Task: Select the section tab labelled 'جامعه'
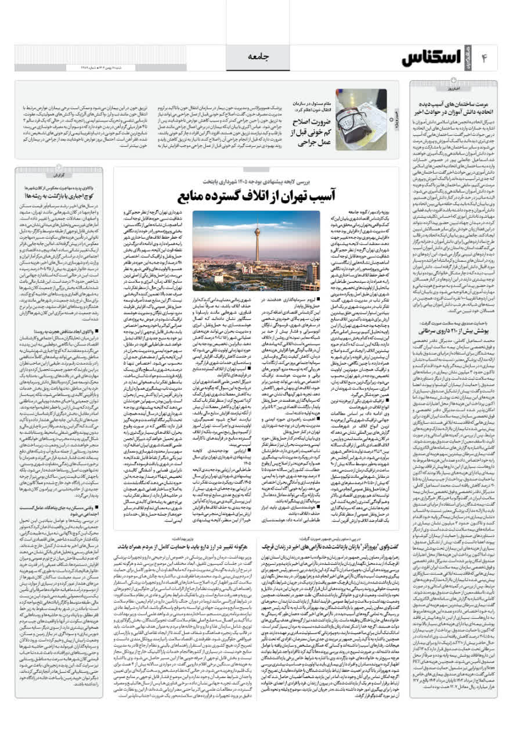click(x=260, y=56)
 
